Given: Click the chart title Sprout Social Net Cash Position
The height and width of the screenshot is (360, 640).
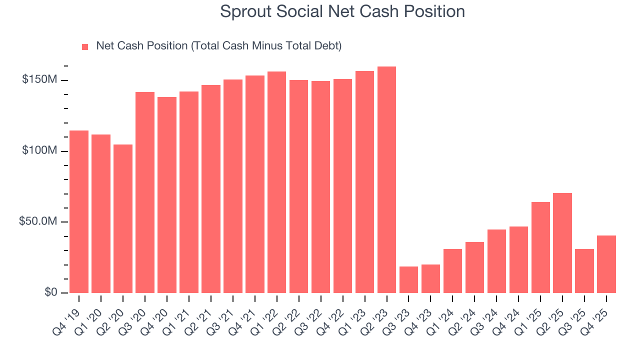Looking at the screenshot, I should [342, 11].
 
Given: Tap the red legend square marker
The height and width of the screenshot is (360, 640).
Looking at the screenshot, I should [85, 46].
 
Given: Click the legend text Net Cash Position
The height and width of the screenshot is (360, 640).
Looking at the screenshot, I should [218, 46].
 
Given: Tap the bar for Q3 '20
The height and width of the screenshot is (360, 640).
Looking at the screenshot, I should [145, 192].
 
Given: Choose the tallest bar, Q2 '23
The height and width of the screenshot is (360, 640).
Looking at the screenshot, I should [386, 179].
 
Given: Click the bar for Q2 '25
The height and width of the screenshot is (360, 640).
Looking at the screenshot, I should [562, 243].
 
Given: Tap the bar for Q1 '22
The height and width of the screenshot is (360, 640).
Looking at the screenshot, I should [276, 182].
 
